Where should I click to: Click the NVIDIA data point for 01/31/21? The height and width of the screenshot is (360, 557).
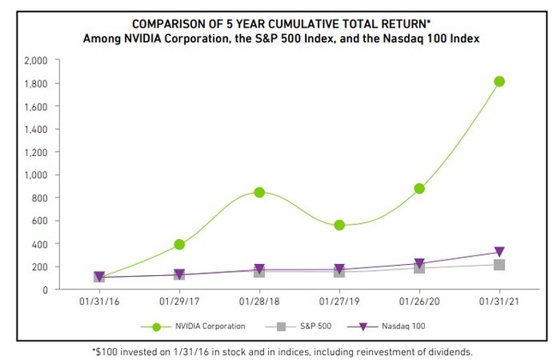click(500, 81)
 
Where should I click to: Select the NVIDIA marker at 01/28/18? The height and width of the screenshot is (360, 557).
click(260, 192)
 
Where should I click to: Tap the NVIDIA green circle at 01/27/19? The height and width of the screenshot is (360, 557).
click(339, 225)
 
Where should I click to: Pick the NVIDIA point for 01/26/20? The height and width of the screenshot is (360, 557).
click(419, 189)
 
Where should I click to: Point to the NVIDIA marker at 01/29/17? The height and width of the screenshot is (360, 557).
click(179, 244)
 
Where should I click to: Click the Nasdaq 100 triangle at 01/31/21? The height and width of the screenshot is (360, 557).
click(500, 253)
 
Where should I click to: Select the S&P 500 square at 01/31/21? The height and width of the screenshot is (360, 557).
click(500, 265)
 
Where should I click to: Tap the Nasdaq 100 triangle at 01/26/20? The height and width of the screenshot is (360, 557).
click(419, 264)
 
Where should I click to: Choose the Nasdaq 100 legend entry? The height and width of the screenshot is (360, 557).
click(401, 327)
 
